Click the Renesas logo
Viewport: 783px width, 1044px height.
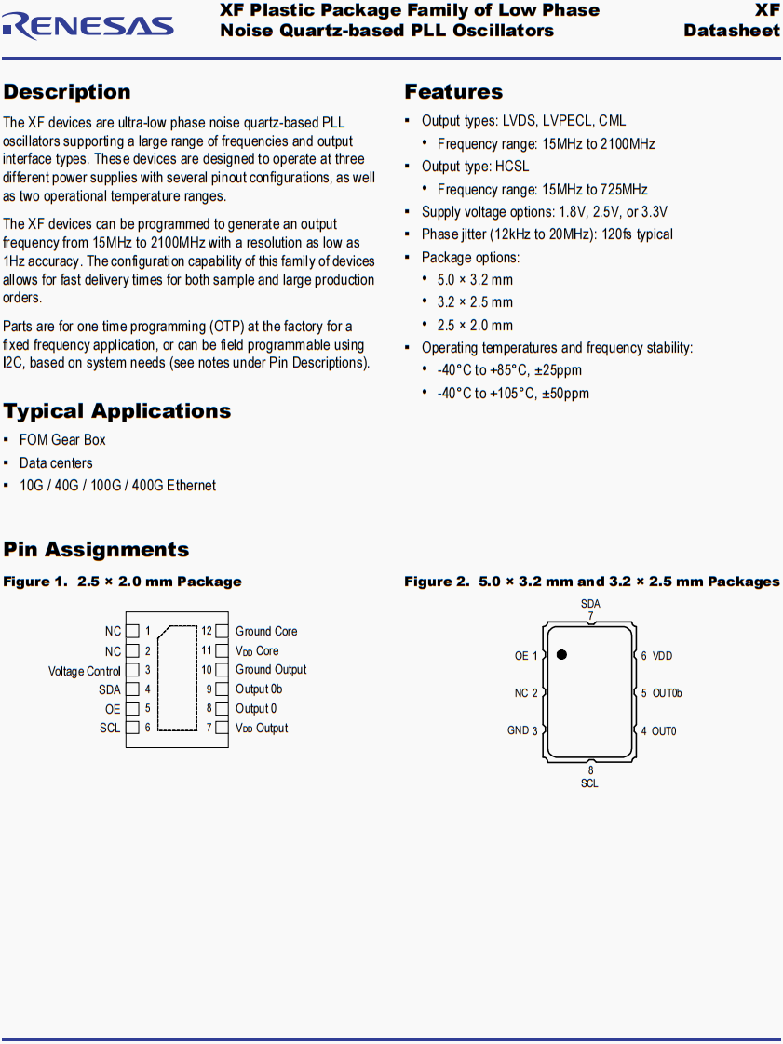[x=88, y=25]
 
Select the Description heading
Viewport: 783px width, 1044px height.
[x=67, y=92]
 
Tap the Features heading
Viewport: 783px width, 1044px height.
[x=453, y=92]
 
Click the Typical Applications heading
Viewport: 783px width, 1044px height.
[x=117, y=411]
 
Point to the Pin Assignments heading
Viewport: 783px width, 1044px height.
[x=96, y=550]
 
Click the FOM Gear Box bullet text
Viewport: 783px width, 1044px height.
[x=62, y=440]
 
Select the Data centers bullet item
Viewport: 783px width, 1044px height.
[x=56, y=463]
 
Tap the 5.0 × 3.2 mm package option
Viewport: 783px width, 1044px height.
[x=475, y=280]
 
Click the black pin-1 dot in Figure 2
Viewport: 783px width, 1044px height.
[x=561, y=655]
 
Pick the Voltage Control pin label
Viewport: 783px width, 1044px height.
[x=85, y=671]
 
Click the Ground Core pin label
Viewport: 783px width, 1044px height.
[x=266, y=632]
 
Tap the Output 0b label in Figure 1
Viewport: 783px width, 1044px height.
[x=259, y=689]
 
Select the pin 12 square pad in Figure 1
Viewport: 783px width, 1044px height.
[x=222, y=632]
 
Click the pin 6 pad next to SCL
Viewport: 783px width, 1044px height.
[x=132, y=729]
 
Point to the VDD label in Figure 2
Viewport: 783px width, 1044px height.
[x=662, y=656]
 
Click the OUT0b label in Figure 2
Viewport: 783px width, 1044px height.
[x=668, y=693]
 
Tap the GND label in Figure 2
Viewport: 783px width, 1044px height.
[x=518, y=730]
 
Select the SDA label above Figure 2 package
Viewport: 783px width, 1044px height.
[x=590, y=604]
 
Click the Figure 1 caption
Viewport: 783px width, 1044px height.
[x=122, y=582]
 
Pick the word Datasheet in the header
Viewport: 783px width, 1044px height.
[x=732, y=31]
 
